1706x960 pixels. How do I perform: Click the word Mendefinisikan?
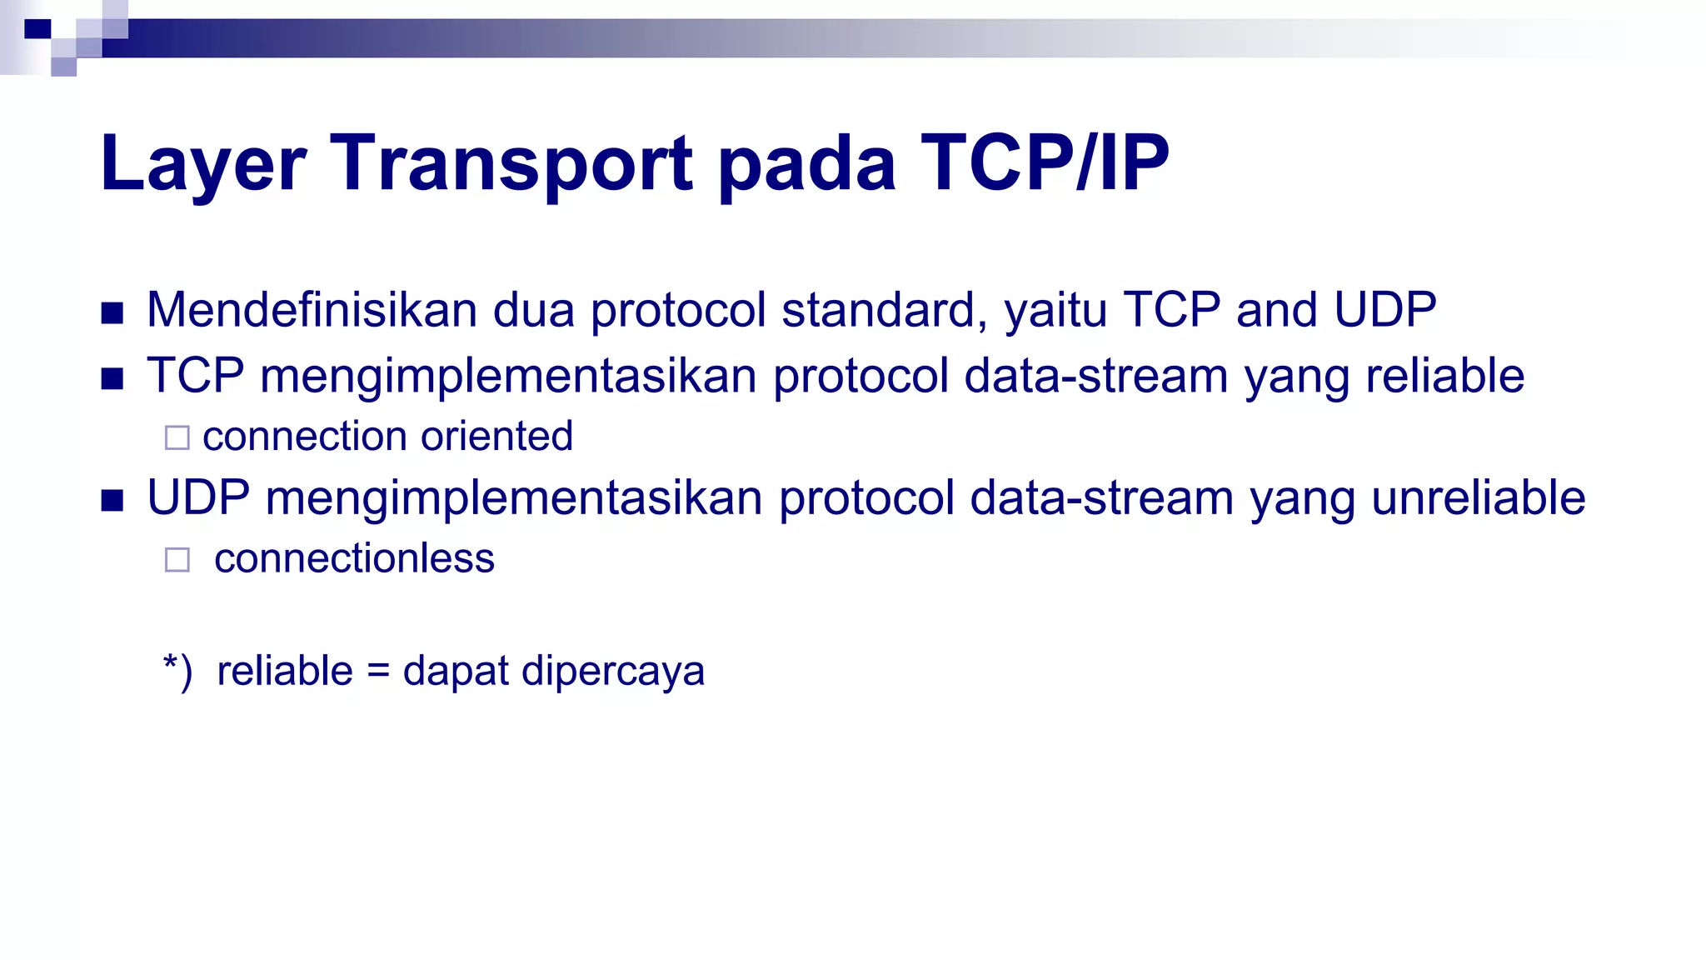click(312, 310)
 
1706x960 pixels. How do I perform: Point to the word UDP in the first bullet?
click(1384, 310)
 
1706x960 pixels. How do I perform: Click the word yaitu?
click(1055, 312)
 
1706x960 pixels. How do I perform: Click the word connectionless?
click(354, 558)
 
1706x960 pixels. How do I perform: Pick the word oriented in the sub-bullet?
click(497, 437)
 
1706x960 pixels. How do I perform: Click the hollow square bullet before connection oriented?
click(177, 437)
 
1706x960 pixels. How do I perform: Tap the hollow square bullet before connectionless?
click(177, 559)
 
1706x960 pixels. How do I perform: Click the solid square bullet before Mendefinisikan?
click(112, 313)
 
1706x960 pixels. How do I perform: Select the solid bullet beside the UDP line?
click(112, 501)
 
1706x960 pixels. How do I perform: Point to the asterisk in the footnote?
click(171, 662)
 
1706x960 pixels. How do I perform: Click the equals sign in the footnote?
click(378, 672)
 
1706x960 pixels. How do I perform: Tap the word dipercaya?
click(613, 672)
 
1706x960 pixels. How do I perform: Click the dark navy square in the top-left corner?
click(37, 29)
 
